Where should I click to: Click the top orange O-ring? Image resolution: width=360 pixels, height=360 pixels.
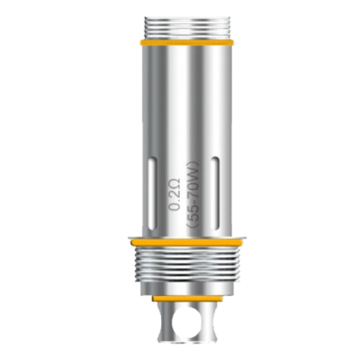click(x=186, y=42)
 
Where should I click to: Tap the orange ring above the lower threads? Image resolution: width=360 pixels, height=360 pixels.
click(x=186, y=242)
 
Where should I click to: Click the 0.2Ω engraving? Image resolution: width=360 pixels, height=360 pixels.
click(x=175, y=195)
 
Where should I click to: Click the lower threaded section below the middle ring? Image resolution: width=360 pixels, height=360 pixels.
click(x=186, y=265)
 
